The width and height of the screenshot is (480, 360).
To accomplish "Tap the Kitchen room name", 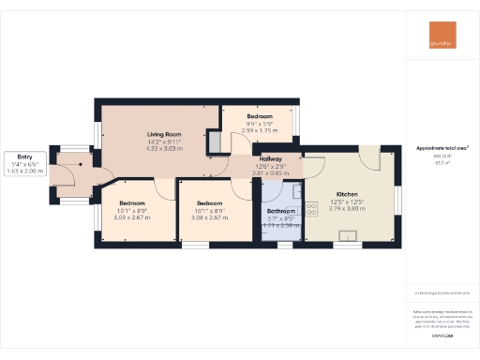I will coord(347,196).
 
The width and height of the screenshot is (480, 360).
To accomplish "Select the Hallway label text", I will coord(284,159).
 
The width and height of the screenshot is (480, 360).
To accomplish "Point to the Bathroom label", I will coord(281,212).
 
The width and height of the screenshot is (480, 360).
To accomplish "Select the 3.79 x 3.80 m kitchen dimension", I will coord(347,209).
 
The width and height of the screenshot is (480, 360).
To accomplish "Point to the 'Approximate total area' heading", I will coord(442,148).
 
